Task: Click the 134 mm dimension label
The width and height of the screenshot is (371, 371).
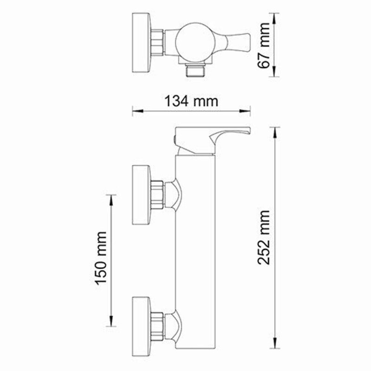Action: pyautogui.click(x=191, y=100)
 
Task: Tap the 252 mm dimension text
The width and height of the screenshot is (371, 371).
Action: pyautogui.click(x=264, y=237)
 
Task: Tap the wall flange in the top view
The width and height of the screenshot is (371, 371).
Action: pyautogui.click(x=141, y=42)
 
